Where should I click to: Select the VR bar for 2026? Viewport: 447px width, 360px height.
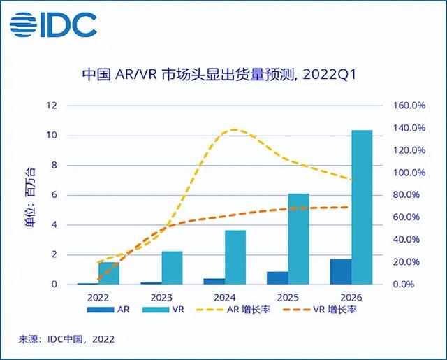coord(361,207)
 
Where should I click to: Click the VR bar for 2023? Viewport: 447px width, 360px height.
coord(172,268)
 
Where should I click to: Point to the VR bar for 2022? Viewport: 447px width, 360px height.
coord(108,273)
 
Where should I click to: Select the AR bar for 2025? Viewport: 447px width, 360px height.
coord(277,278)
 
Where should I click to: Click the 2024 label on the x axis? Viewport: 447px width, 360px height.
coord(224,296)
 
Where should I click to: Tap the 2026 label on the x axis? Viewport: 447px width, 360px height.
coord(351,296)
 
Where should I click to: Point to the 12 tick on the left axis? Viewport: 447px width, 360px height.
coord(51,106)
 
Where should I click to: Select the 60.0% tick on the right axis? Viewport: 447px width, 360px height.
coord(406,217)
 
